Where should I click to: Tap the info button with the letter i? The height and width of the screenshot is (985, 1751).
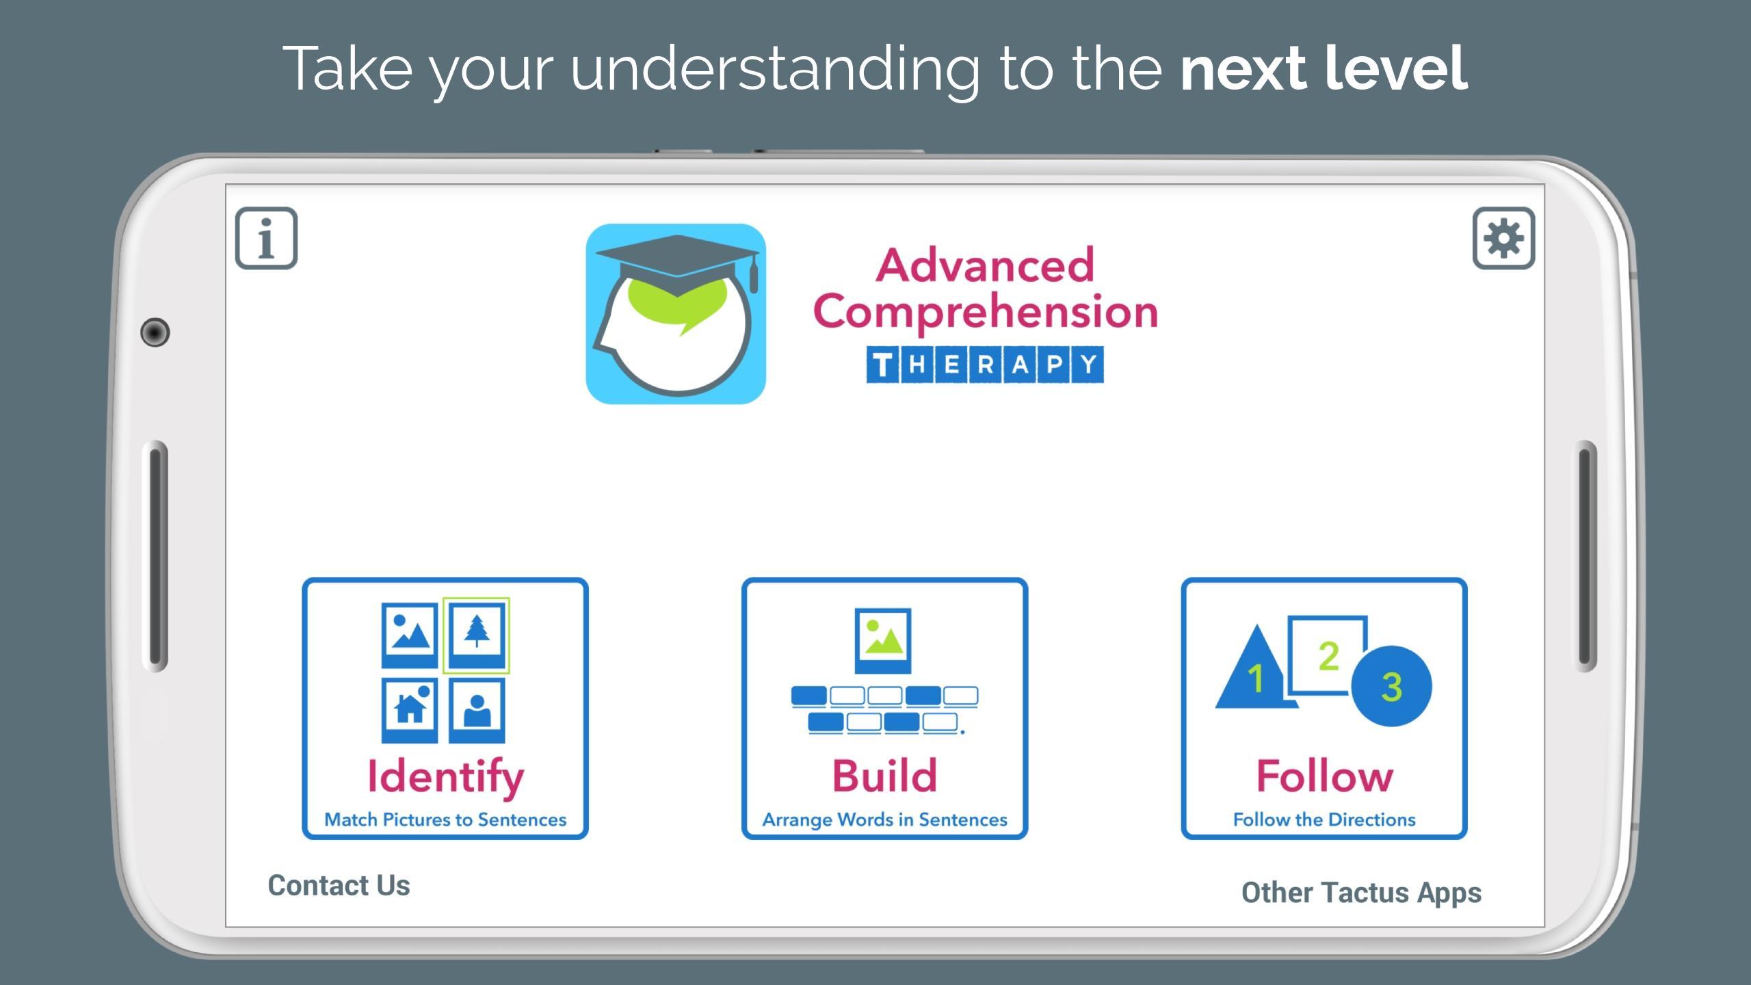[x=266, y=238]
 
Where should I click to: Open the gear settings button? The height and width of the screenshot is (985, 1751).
[x=1503, y=238]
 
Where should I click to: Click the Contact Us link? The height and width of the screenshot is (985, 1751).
[x=339, y=885]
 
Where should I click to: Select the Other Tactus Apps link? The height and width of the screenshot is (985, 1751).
[x=1361, y=893]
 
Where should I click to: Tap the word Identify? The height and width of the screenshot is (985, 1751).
[x=445, y=778]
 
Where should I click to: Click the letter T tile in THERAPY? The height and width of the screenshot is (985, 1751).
[x=883, y=365]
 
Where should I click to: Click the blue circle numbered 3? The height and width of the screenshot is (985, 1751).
[x=1391, y=685]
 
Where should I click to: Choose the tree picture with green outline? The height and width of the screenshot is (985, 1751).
[x=476, y=635]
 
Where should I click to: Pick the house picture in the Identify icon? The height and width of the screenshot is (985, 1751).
[x=410, y=710]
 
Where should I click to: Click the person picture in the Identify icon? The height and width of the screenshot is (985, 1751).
[x=477, y=710]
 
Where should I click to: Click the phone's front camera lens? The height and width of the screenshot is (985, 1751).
[x=155, y=332]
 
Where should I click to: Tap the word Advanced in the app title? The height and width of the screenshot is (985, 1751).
[x=985, y=265]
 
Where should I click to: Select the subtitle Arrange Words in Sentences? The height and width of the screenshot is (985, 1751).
[x=884, y=819]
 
